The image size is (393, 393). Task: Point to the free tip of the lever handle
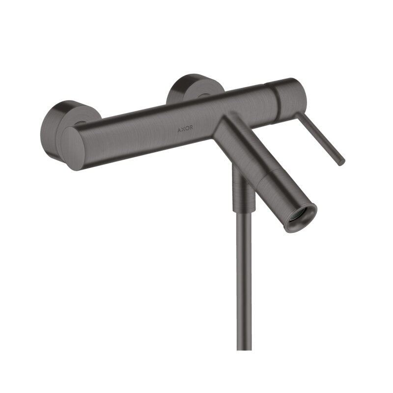pos(341,162)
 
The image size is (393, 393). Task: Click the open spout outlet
pos(300,216)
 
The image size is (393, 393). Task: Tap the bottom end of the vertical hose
pos(244,346)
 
